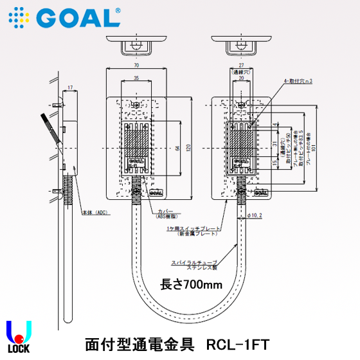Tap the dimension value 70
click(x=136, y=66)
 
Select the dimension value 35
click(x=136, y=78)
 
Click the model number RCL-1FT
click(x=238, y=344)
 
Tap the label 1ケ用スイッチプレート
click(x=193, y=229)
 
